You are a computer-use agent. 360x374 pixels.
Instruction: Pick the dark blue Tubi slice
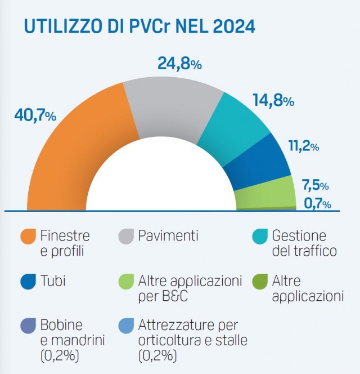tap(262, 163)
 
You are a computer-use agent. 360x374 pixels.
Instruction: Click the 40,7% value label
tap(35, 115)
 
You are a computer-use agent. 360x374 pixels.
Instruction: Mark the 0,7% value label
tap(317, 204)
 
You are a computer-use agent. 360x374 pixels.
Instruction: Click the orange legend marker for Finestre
tap(28, 237)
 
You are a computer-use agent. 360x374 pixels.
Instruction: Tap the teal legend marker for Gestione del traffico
tap(259, 237)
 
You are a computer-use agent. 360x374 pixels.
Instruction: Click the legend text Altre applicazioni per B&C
tap(190, 288)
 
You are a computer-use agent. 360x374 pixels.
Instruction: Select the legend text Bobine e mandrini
tap(62, 333)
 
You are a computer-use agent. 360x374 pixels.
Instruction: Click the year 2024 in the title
tap(226, 26)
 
